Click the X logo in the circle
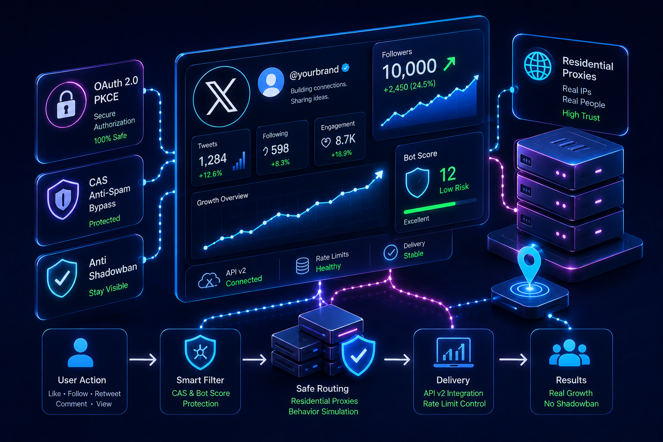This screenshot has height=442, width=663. pyautogui.click(x=221, y=97)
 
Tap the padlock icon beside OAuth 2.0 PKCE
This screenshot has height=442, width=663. pyautogui.click(x=66, y=104)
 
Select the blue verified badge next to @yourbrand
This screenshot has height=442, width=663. pyautogui.click(x=345, y=68)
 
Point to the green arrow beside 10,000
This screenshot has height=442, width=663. pyautogui.click(x=449, y=64)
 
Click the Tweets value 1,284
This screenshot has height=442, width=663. pyautogui.click(x=212, y=160)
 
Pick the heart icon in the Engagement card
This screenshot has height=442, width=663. pyautogui.click(x=326, y=143)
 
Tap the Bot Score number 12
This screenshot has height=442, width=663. pyautogui.click(x=448, y=174)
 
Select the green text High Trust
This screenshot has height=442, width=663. pyautogui.click(x=581, y=115)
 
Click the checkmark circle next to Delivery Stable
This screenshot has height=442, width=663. pyautogui.click(x=390, y=253)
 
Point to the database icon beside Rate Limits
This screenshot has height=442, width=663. pyautogui.click(x=302, y=265)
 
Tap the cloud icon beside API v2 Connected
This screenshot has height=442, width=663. pyautogui.click(x=209, y=281)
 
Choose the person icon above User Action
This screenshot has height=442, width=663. pyautogui.click(x=81, y=353)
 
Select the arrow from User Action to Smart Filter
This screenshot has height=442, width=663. pyautogui.click(x=143, y=360)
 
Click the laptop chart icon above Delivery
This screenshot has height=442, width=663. pyautogui.click(x=454, y=353)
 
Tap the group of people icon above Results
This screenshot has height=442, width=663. pyautogui.click(x=569, y=353)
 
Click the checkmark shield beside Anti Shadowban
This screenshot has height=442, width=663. pyautogui.click(x=62, y=278)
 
